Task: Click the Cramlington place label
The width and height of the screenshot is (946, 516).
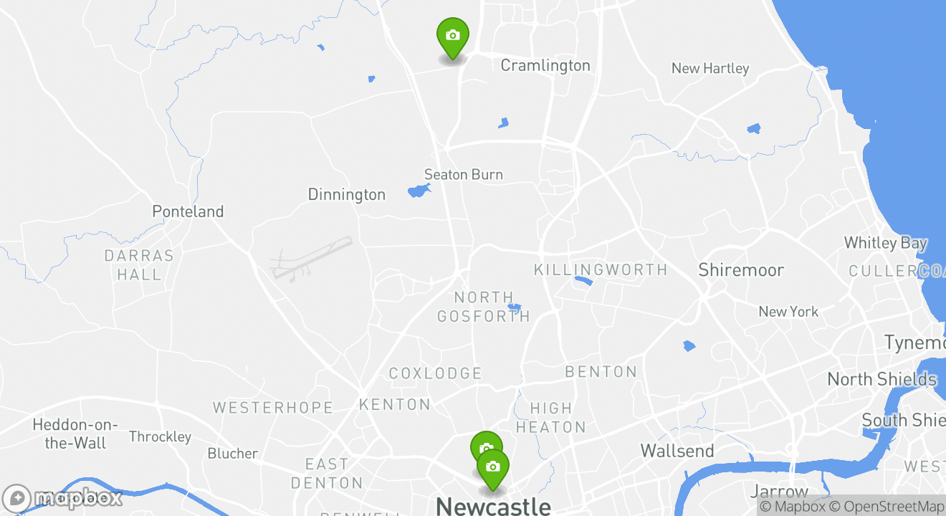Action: (545, 65)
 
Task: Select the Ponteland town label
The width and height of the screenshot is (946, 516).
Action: (188, 211)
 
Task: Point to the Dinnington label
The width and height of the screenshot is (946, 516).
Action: (346, 194)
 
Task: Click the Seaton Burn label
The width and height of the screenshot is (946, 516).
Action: (464, 174)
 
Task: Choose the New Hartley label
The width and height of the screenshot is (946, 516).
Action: (709, 68)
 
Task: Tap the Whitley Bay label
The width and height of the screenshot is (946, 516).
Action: (885, 243)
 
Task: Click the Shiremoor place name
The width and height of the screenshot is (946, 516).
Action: (741, 270)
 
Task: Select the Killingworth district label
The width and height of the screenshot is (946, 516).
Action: (601, 269)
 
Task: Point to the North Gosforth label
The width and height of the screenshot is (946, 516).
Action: (484, 306)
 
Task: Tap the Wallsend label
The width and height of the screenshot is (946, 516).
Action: (677, 451)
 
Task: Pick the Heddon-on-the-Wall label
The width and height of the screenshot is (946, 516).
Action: (75, 434)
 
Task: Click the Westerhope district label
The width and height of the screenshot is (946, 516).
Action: (273, 408)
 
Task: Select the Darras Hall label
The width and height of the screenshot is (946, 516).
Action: (139, 264)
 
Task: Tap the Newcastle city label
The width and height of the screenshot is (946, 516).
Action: (493, 506)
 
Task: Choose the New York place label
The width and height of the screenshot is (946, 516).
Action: (788, 312)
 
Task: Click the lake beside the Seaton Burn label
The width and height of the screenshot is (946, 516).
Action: (418, 191)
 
